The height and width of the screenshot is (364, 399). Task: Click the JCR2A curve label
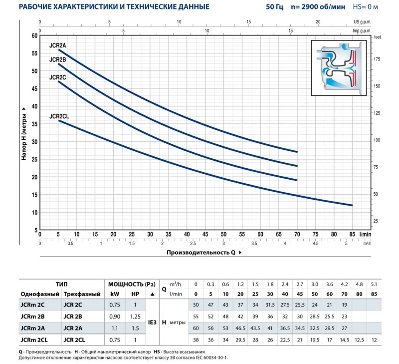click(58, 45)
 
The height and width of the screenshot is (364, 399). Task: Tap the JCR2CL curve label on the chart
click(59, 116)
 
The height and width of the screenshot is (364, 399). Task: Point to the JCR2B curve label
click(58, 60)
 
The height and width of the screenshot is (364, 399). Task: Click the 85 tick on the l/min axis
click(352, 234)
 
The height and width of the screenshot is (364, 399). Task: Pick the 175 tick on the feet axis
click(377, 59)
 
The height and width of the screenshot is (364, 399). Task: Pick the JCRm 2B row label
click(33, 316)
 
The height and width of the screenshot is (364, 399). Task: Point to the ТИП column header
click(61, 284)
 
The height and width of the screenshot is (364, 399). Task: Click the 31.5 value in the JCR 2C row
click(270, 304)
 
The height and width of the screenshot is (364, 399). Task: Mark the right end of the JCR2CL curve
click(352, 205)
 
